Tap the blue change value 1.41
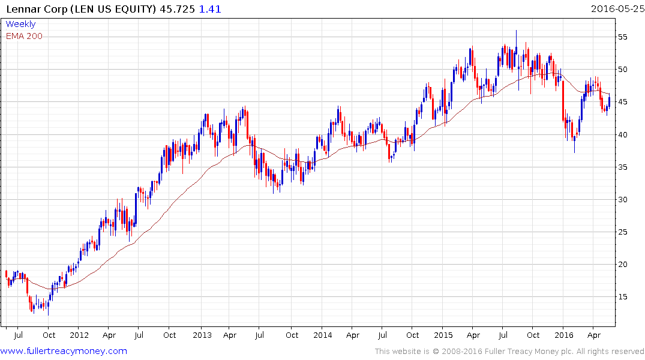[x=207, y=9]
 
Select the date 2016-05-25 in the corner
[x=616, y=9]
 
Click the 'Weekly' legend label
[x=20, y=25]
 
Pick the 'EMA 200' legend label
[x=24, y=36]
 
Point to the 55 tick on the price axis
[x=624, y=37]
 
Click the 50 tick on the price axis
[x=624, y=70]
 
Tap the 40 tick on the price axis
[x=624, y=134]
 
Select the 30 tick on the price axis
[x=624, y=199]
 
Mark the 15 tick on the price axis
[x=624, y=296]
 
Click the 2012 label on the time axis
[x=79, y=335]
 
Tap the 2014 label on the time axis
[x=323, y=335]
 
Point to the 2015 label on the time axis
[x=443, y=335]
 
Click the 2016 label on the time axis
[x=564, y=335]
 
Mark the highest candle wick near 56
[x=516, y=31]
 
